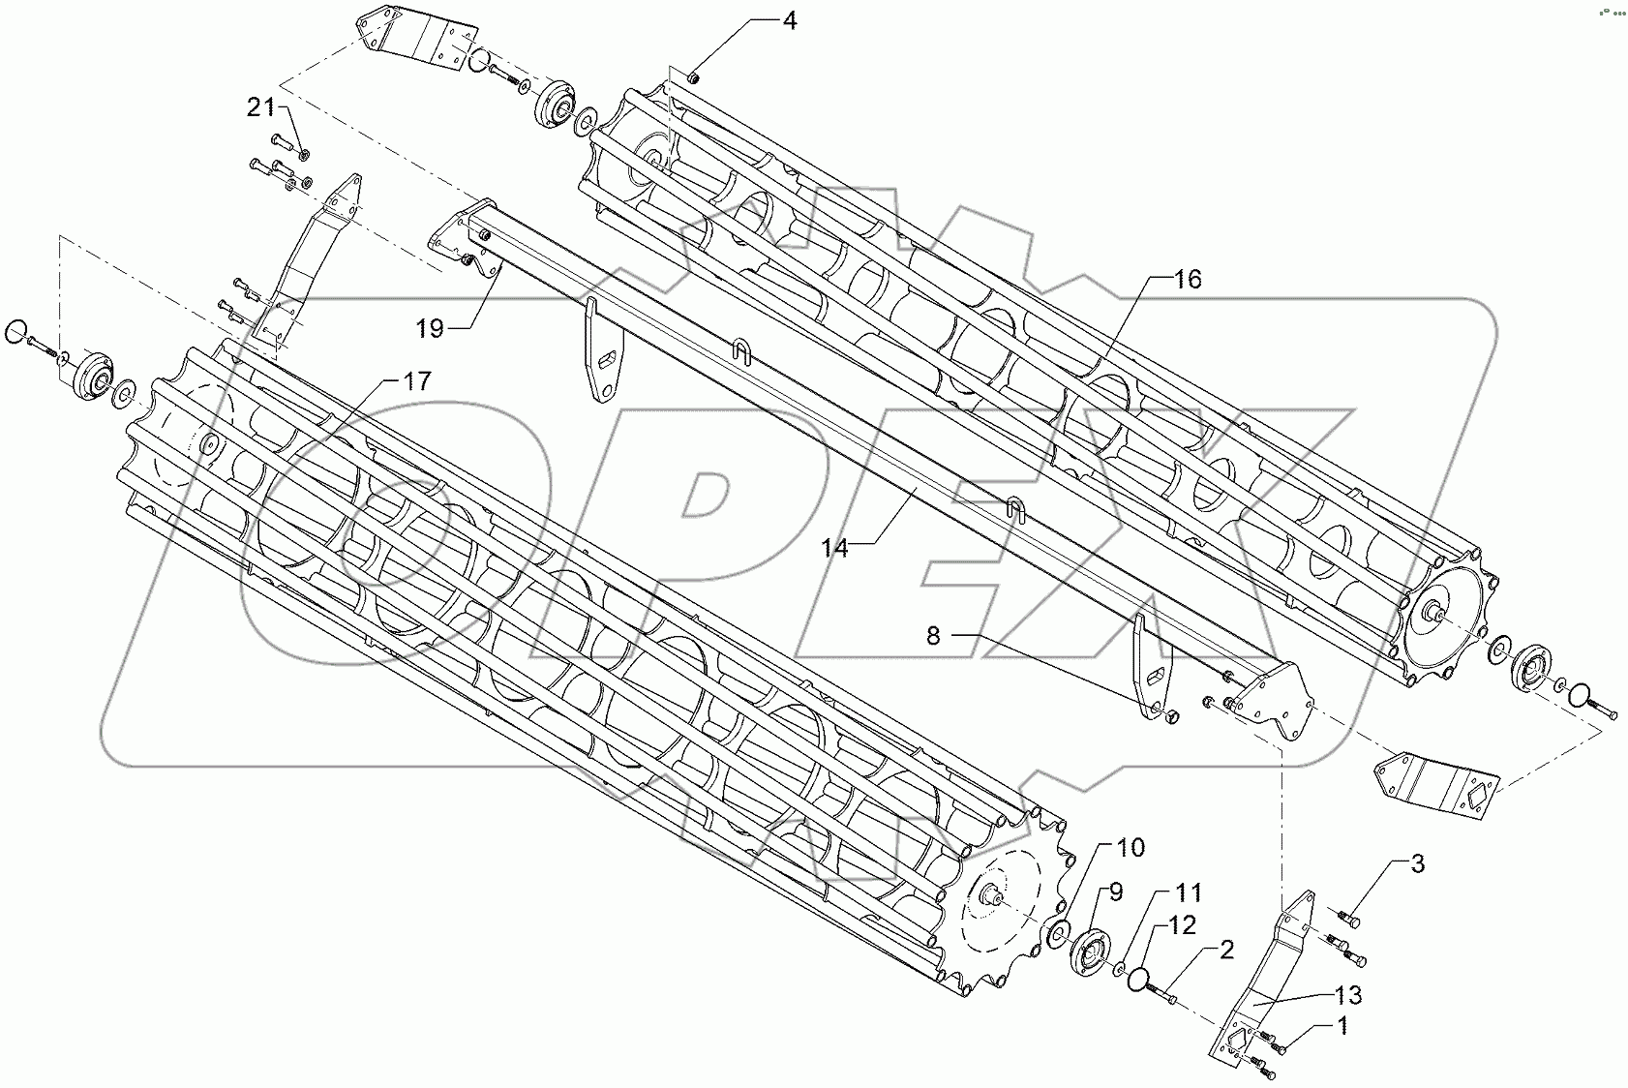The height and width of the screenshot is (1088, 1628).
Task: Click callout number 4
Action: click(789, 20)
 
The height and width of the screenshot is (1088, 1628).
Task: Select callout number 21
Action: click(260, 108)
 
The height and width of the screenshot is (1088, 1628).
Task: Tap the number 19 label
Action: click(430, 329)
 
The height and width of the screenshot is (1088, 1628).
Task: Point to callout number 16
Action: click(1187, 280)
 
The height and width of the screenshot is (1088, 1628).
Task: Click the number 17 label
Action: click(416, 381)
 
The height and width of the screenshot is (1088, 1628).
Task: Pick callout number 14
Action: click(834, 548)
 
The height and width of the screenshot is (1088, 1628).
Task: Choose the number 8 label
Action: click(933, 635)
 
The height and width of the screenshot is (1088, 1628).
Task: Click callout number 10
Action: click(1131, 848)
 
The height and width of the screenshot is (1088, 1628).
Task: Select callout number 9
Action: click(1116, 892)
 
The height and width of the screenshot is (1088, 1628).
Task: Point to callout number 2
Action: click(1226, 952)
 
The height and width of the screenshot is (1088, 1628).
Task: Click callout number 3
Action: click(1416, 864)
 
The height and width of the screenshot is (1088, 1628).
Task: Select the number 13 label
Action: click(1348, 994)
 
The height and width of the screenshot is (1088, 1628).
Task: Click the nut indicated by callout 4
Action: click(694, 76)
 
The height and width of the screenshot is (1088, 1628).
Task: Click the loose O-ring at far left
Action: click(15, 333)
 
